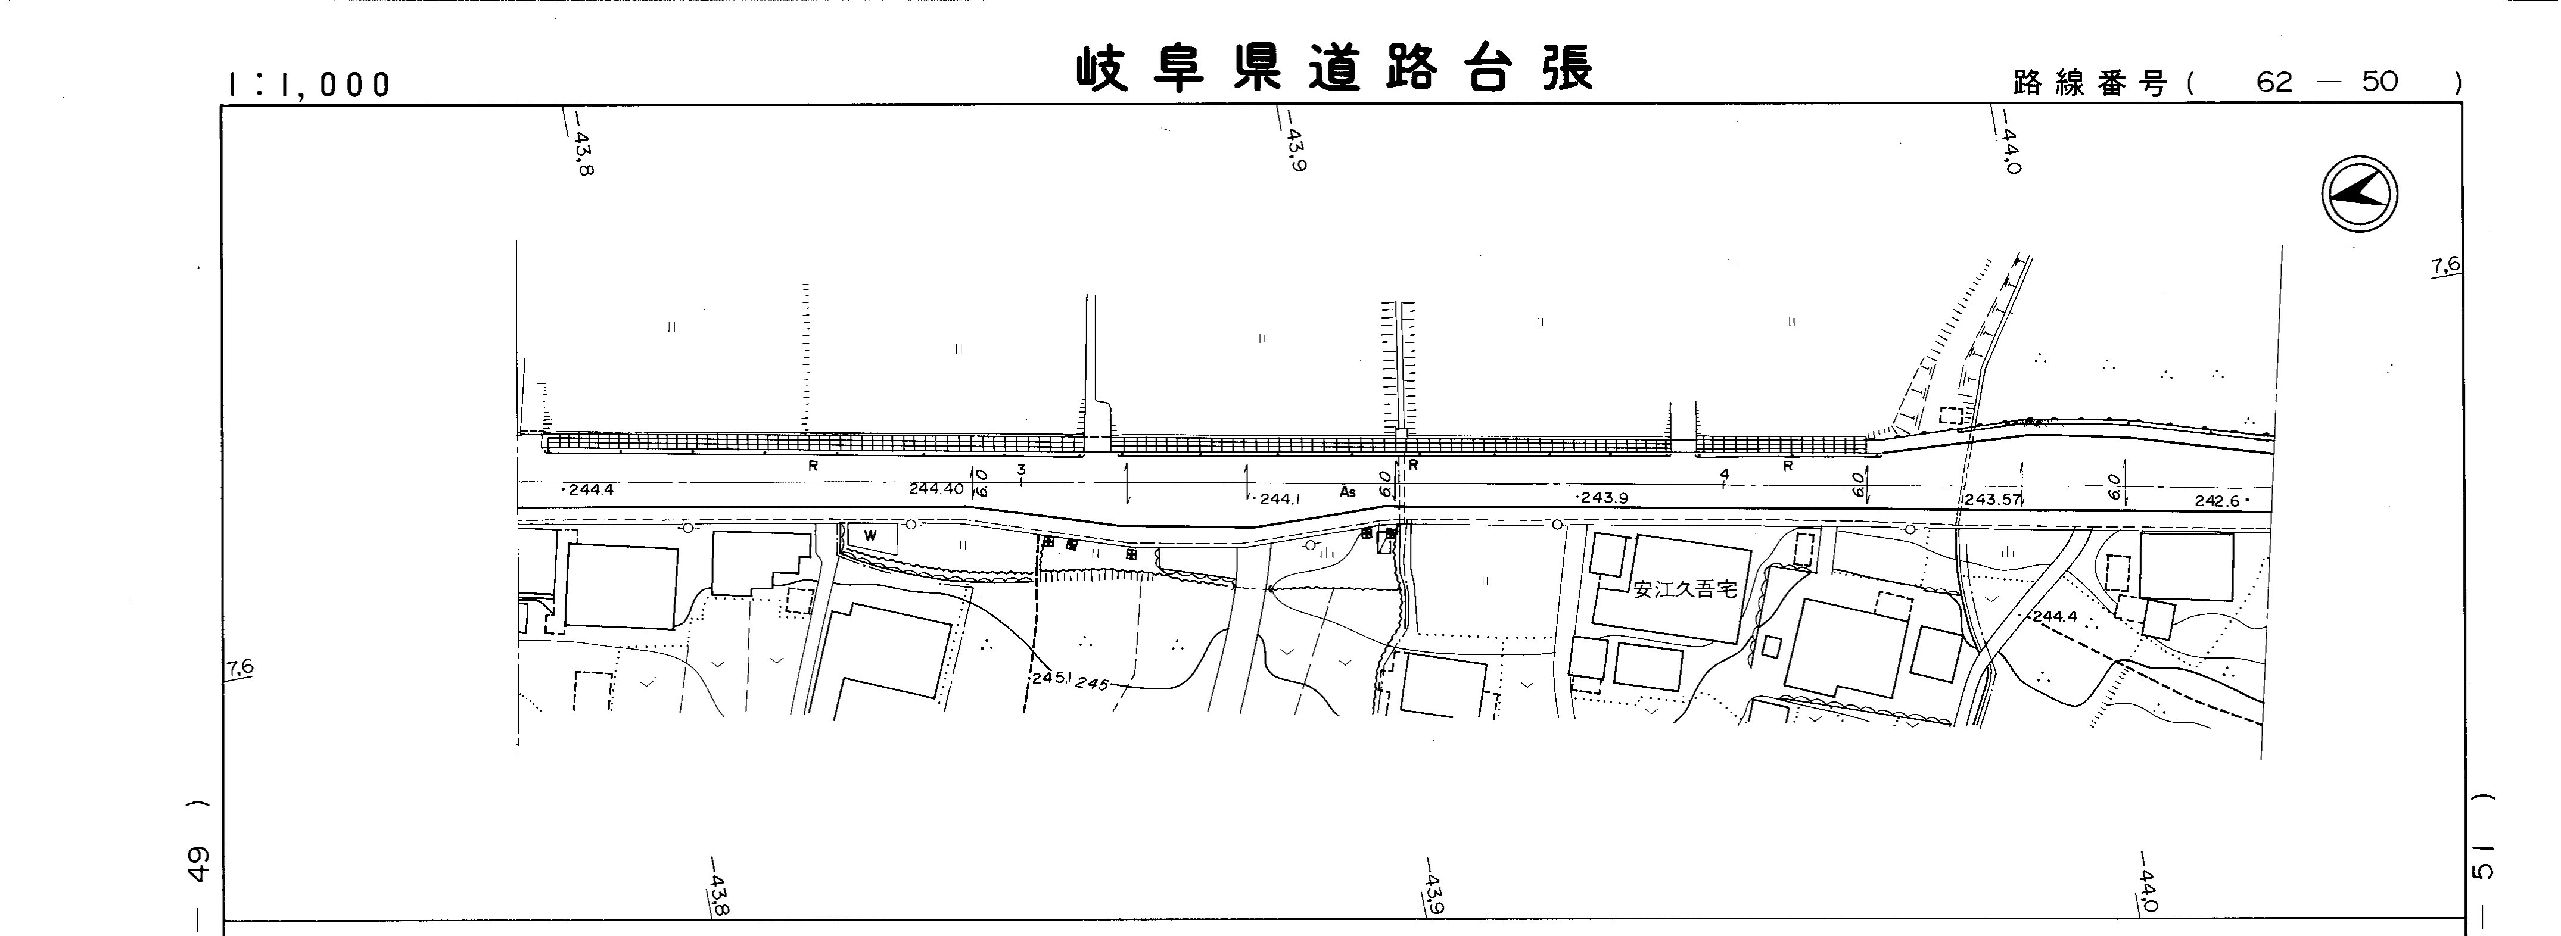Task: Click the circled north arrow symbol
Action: (2359, 196)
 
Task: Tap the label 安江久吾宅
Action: (1685, 589)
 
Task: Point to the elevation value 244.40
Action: (935, 489)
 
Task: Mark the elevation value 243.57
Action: (1993, 499)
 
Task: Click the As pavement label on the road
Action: (1347, 491)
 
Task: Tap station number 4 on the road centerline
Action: (1724, 476)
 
